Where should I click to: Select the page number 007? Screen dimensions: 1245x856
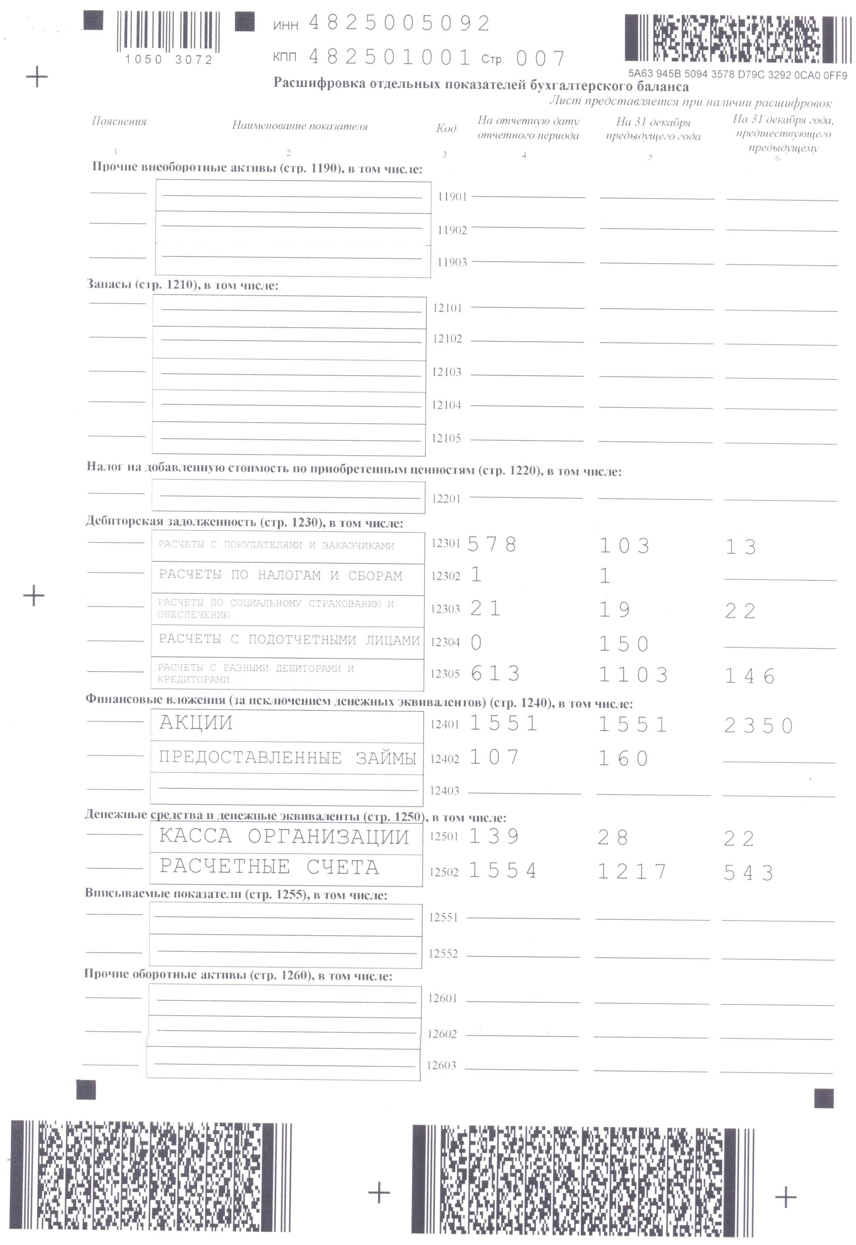tap(540, 58)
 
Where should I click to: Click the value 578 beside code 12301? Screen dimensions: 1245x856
tap(492, 545)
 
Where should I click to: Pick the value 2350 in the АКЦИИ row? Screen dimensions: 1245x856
tap(758, 726)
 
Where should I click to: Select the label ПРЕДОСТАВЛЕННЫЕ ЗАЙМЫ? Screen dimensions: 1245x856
tap(287, 758)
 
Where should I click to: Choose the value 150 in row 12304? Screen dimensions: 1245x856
tap(624, 644)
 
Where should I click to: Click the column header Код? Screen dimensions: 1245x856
tap(446, 128)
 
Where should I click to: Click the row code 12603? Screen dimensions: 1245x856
tap(441, 1065)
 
